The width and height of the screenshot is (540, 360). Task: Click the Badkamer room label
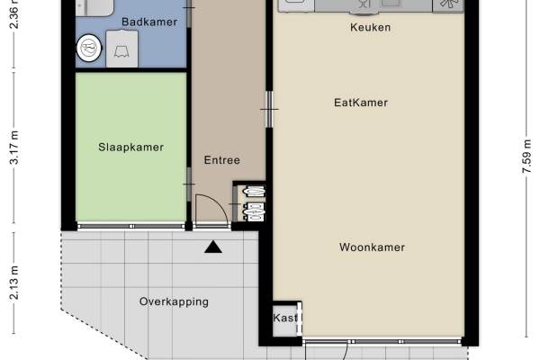tap(149, 22)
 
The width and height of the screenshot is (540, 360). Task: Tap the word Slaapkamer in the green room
tap(130, 147)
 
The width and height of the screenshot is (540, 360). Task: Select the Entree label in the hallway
tap(222, 160)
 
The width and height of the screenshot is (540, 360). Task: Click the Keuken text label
tap(370, 27)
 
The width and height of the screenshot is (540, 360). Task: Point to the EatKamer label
tap(361, 103)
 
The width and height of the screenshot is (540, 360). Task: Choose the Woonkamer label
tap(372, 247)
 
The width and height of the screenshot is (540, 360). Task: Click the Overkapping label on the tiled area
tap(174, 302)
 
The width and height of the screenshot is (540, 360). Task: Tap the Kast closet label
tap(285, 318)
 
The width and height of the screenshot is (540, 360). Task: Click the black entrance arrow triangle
tap(213, 247)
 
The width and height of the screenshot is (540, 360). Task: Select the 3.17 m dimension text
tap(14, 148)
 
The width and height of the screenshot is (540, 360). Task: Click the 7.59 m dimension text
tap(526, 156)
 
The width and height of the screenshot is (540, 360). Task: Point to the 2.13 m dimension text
tap(14, 283)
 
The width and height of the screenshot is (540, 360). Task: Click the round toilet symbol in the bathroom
tap(89, 48)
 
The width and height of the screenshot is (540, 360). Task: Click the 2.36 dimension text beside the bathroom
tap(14, 13)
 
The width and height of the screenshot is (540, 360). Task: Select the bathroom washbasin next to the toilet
tap(121, 49)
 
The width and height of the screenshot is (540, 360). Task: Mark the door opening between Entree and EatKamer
tap(269, 109)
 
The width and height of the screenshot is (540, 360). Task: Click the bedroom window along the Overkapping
tap(131, 226)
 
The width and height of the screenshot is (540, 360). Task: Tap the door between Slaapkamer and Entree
tap(189, 184)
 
